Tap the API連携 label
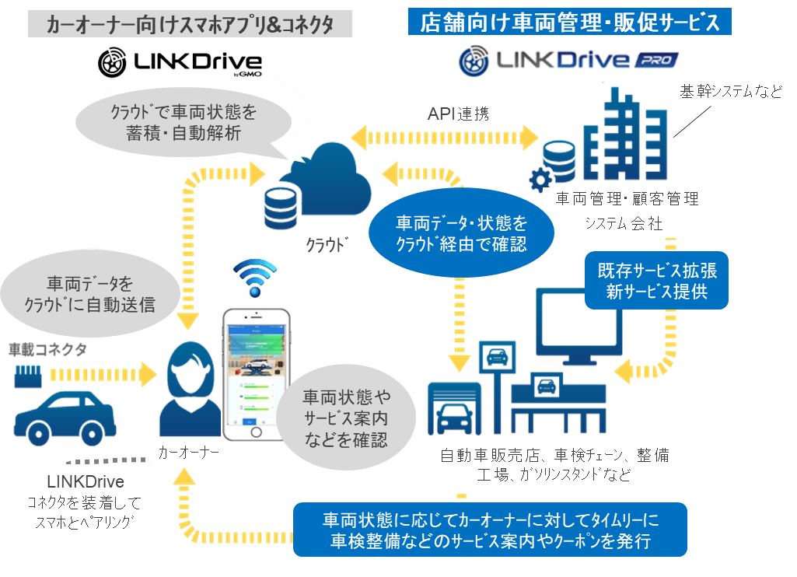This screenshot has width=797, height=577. pyautogui.click(x=459, y=114)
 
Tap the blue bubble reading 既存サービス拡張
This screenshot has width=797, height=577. pyautogui.click(x=657, y=282)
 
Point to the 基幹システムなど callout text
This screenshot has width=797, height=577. pyautogui.click(x=731, y=93)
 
